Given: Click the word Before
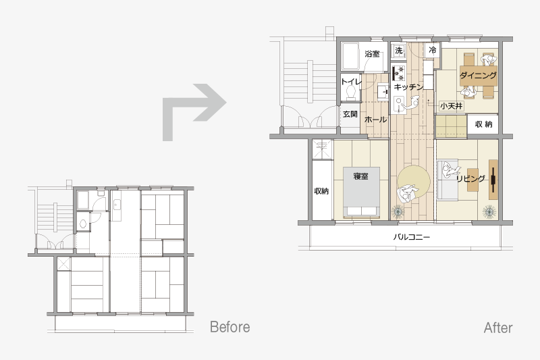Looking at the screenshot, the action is point(230,327).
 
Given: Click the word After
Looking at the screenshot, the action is point(498,328).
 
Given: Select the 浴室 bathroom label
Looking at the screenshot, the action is point(373,54).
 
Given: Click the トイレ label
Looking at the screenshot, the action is point(351,82).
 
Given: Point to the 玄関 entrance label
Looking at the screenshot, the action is point(350,114).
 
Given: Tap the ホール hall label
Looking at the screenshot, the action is point(375,120).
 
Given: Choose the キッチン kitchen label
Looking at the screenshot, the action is point(408,87).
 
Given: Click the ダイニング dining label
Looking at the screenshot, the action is point(479,75).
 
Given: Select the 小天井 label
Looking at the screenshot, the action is point(451,106).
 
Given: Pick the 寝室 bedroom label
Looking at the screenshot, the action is point(360,176).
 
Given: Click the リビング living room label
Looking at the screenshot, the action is point(470,179).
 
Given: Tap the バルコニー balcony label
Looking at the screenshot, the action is point(412,237).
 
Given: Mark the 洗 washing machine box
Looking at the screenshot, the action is point(399,51).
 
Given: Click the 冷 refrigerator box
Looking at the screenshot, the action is point(433,50).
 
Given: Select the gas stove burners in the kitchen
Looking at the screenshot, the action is point(400,73).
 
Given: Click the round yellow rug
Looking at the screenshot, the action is point(414,182).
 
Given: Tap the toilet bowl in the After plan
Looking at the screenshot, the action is point(351,93).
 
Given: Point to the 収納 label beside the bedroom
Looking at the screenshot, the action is point(321,191).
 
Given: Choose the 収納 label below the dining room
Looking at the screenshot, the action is point(483,124).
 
